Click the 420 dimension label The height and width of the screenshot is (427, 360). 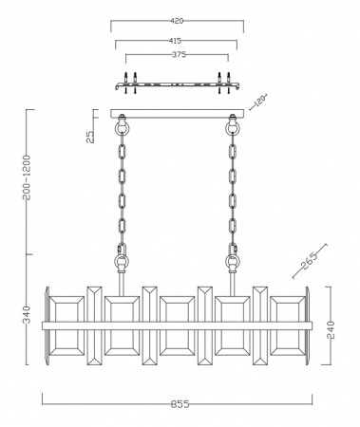pos(177,21)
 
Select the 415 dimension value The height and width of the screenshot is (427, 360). pos(175,41)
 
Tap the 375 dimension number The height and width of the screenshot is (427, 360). pos(179,54)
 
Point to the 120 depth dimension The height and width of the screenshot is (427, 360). pos(260,102)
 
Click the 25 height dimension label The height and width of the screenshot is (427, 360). pos(90,137)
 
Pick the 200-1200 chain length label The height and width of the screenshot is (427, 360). pos(27,177)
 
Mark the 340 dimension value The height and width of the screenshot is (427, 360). pos(28,314)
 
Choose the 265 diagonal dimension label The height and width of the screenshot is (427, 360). pos(310,261)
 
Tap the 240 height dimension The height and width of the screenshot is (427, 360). pos(331,330)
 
